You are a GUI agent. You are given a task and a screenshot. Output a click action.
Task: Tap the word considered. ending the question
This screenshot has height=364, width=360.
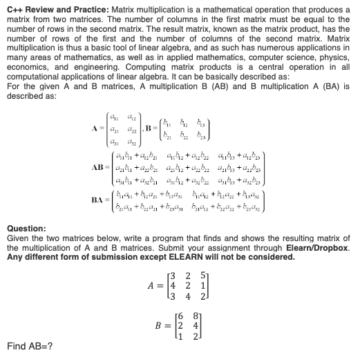269,257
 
